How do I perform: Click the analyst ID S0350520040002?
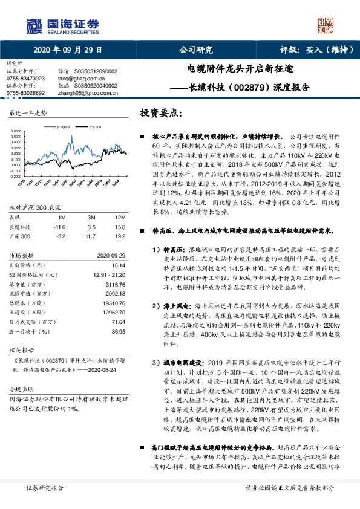pos(96,85)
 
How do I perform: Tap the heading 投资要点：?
pos(160,113)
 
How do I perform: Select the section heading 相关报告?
pos(23,350)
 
